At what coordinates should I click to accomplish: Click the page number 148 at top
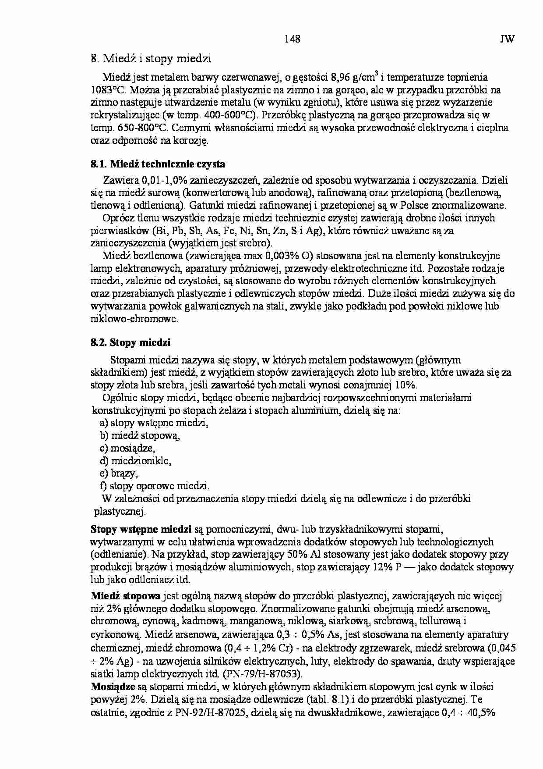pos(292,39)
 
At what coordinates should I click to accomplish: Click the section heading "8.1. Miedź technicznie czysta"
pos(158,164)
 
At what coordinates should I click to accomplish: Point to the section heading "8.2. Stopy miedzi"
pos(130,342)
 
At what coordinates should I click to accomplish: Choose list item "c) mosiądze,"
pos(127,448)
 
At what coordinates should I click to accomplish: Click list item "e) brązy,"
pos(119,474)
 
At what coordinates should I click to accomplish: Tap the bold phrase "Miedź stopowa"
pos(126,596)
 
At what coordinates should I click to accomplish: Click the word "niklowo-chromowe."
pos(134,319)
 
